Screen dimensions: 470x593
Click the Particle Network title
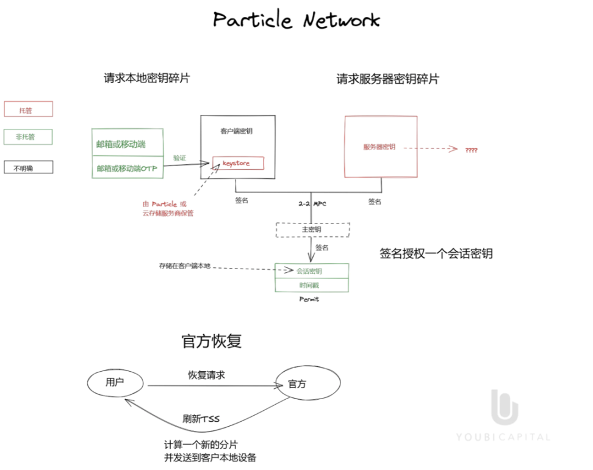296,20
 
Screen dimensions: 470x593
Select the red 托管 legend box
28,109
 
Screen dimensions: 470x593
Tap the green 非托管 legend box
28,137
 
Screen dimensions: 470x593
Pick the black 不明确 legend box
28,167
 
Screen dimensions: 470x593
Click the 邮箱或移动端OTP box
127,169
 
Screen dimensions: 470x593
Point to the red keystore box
239,163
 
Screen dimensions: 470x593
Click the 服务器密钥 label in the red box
379,147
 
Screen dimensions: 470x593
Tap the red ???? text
471,150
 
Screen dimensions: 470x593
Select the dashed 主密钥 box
312,230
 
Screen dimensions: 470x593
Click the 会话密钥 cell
312,270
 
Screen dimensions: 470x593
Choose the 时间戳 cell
312,285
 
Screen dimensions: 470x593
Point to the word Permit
309,299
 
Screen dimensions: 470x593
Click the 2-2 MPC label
312,203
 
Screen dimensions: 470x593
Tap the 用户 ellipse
115,383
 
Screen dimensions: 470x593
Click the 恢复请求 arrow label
206,375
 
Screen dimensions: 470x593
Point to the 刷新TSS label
201,419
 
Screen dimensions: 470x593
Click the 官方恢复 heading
212,341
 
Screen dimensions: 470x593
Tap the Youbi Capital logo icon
505,407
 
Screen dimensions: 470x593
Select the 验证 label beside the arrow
179,157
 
